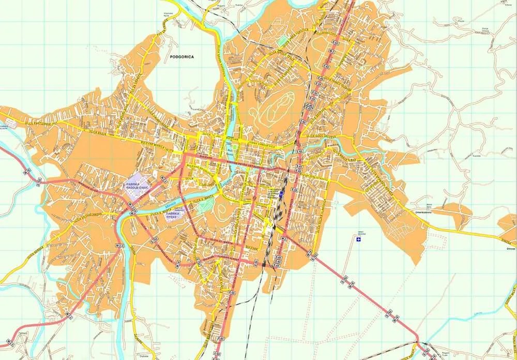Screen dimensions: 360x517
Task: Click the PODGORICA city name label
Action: (x=181, y=57)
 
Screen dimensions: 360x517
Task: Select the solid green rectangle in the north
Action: (x=282, y=40)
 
